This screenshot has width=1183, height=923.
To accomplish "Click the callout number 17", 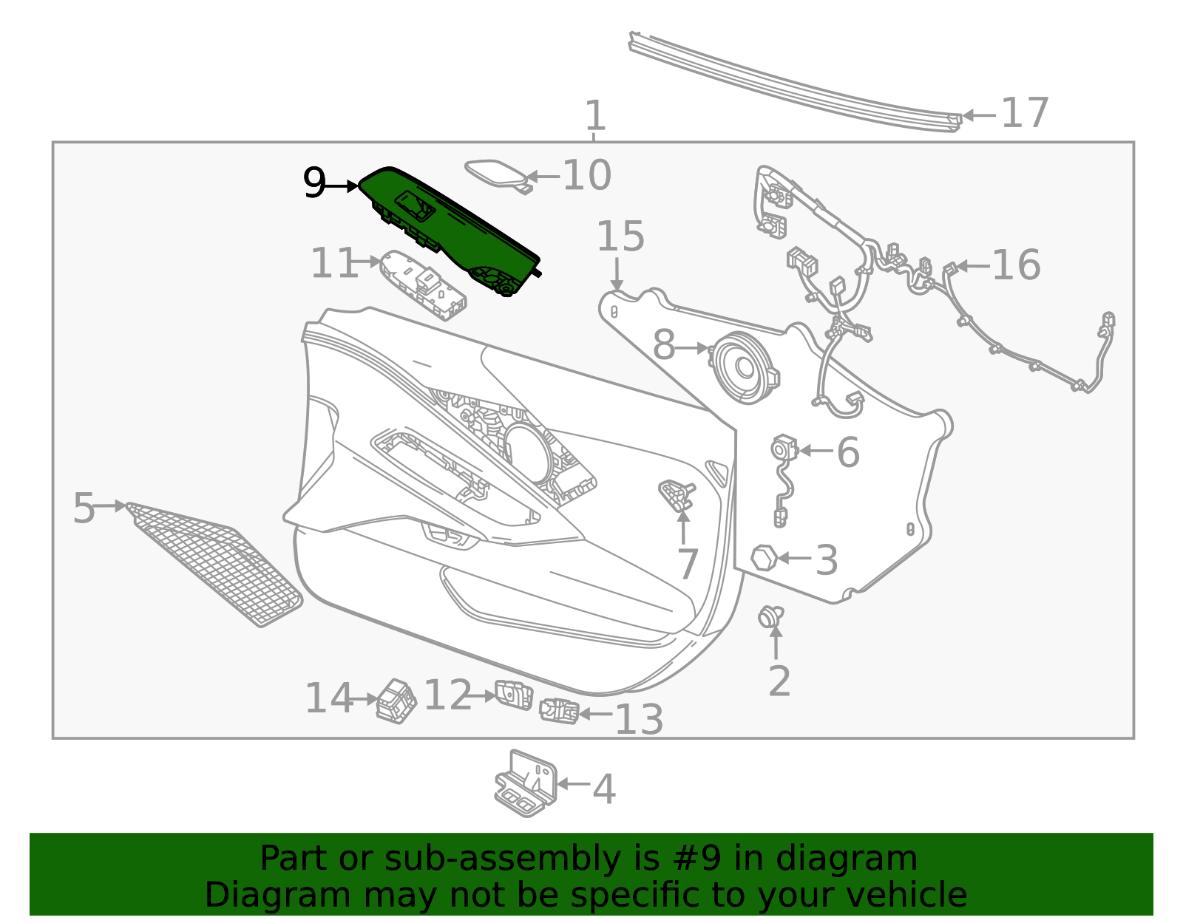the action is point(1024,113).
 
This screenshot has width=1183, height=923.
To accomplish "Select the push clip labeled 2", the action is point(770,616).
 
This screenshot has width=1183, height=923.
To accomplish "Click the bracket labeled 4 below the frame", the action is point(526,783).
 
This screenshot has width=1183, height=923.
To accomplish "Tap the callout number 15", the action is point(620,236).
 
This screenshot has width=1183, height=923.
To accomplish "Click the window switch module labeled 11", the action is point(423,285).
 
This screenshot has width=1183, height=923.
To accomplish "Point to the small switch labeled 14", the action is point(396,701).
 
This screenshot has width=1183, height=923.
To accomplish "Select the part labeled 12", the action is point(514,695).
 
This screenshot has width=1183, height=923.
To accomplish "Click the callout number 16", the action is point(1016,265).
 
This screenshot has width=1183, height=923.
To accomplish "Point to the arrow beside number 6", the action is point(816,450).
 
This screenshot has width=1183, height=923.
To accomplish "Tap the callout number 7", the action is point(687,564).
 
